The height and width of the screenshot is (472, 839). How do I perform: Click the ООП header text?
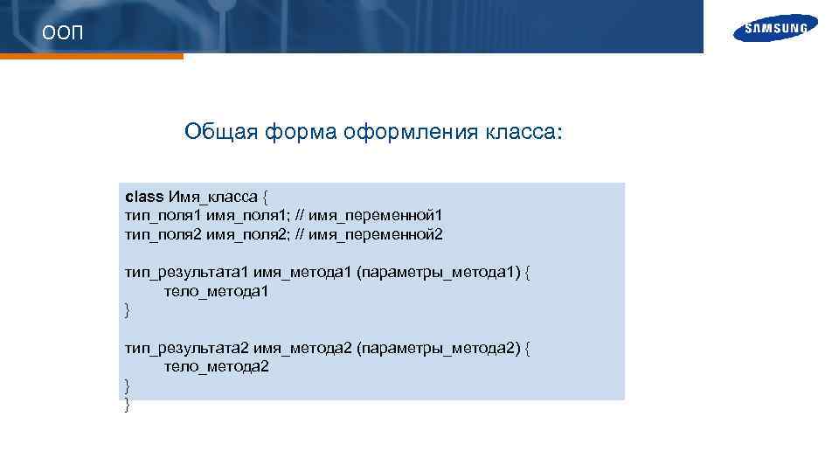64,33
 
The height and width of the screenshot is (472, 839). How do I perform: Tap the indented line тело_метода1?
216,292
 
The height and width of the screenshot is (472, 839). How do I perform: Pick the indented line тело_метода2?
216,367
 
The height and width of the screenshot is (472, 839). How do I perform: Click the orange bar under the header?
92,56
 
